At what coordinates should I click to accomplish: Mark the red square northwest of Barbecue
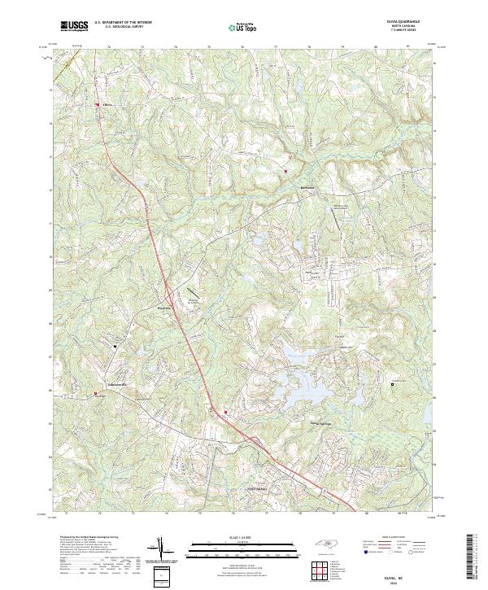286,171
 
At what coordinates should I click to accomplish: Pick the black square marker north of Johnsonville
115,346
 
